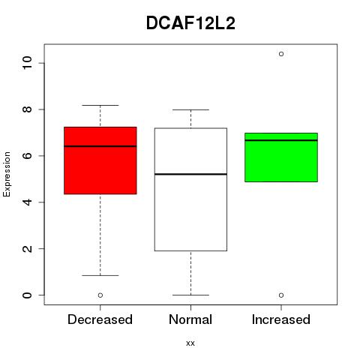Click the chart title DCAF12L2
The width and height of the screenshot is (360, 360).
point(190,23)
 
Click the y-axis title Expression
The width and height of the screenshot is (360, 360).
point(7,174)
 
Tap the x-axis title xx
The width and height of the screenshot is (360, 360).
point(190,343)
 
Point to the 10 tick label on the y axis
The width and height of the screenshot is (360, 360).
point(27,62)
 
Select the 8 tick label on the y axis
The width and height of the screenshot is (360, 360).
point(27,109)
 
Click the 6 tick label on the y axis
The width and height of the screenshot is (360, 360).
point(27,156)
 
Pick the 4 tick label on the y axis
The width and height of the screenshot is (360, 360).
point(27,202)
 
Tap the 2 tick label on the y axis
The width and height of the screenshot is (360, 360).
point(27,248)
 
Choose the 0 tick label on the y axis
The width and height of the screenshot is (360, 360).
point(27,295)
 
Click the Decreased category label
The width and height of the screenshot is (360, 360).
point(100,319)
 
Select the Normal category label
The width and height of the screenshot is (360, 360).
point(190,319)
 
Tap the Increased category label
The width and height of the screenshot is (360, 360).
point(281,319)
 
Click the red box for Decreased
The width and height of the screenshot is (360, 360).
point(100,160)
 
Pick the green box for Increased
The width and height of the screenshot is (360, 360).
point(281,157)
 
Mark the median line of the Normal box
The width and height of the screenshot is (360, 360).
point(190,174)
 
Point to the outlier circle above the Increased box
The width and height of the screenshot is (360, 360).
point(281,54)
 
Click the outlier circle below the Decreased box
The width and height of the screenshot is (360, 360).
point(100,295)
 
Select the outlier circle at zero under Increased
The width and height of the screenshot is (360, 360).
point(281,295)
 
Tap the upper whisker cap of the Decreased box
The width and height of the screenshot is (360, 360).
point(100,105)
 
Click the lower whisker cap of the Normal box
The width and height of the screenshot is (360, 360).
point(190,295)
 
